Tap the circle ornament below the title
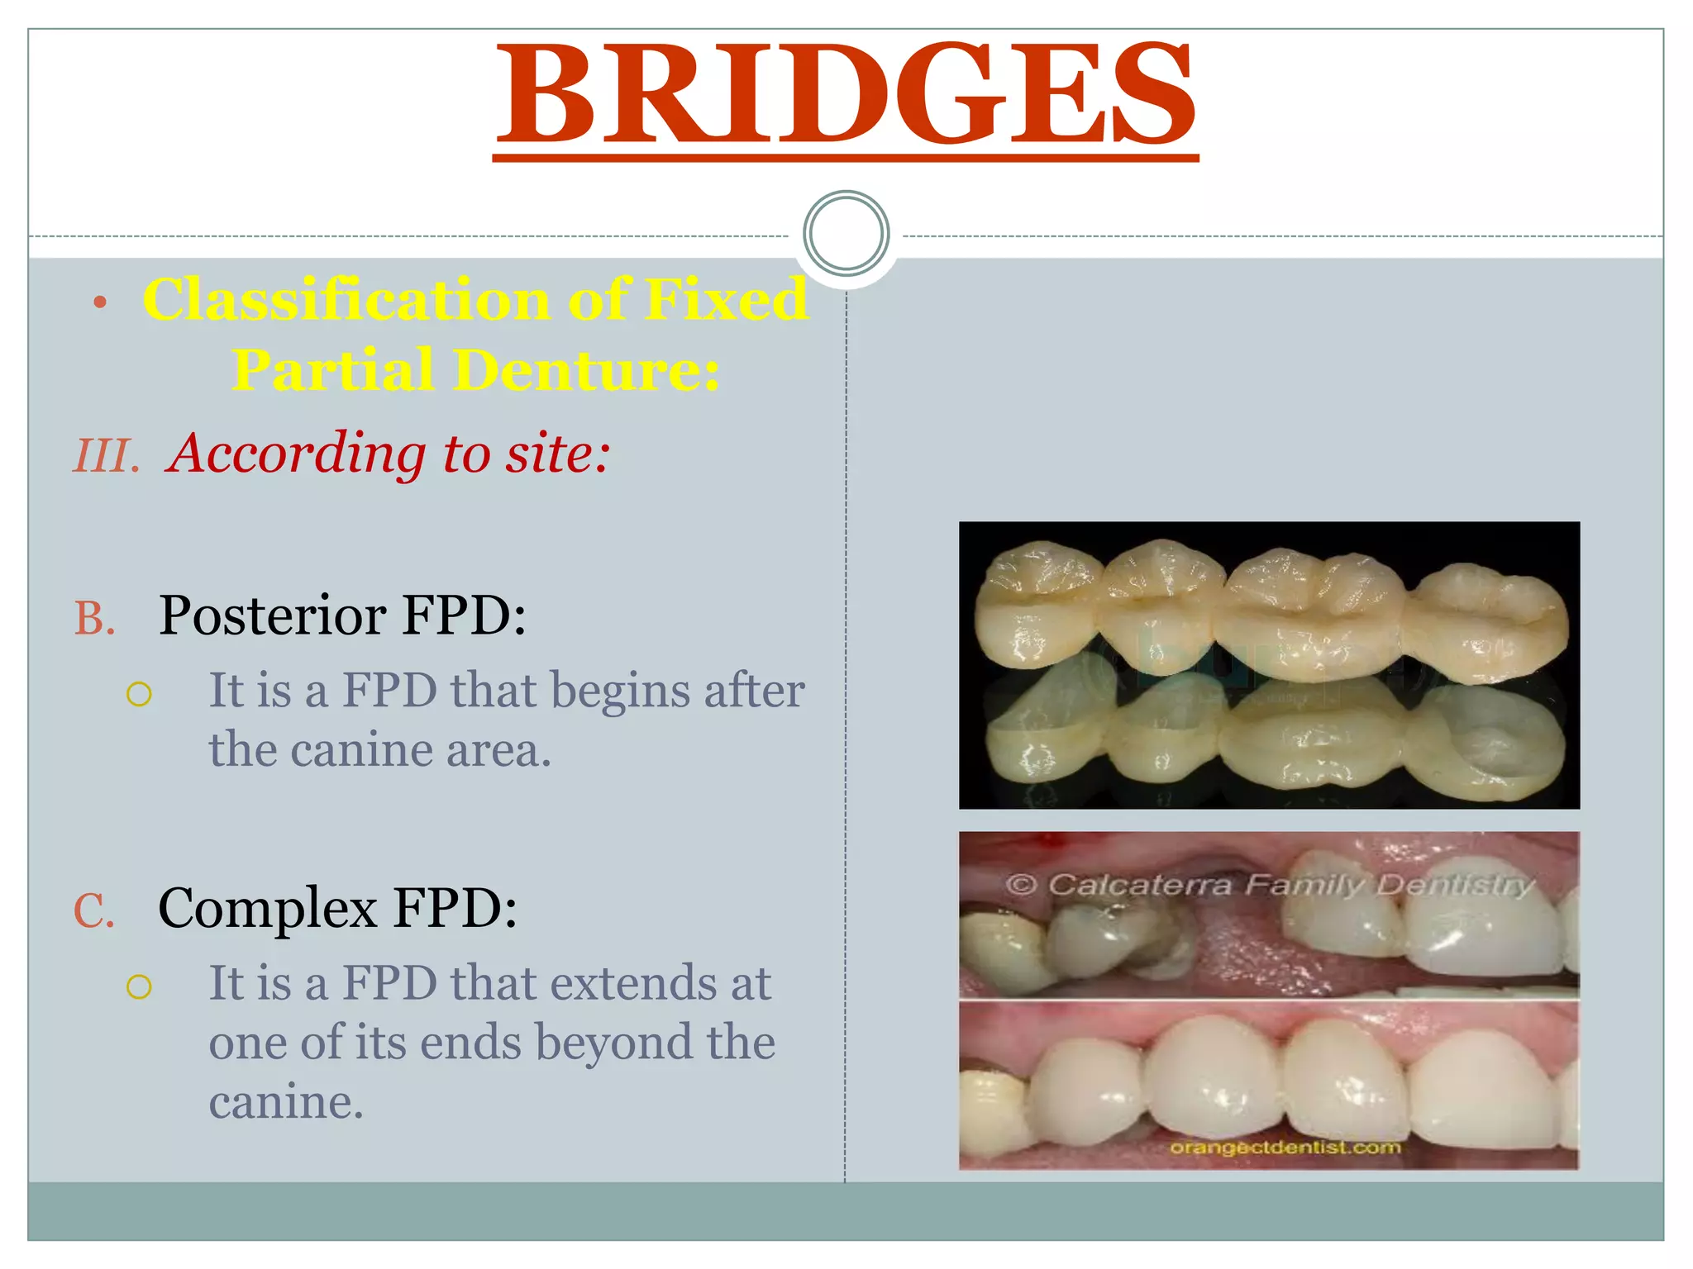point(846,233)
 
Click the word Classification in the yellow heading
point(346,299)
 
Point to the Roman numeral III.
point(107,456)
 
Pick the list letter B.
point(94,618)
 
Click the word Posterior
point(273,615)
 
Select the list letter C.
point(93,911)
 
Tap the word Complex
point(267,909)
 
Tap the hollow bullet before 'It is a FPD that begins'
point(140,694)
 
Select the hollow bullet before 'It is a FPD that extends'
point(140,986)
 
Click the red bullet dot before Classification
point(100,303)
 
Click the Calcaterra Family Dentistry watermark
point(1269,885)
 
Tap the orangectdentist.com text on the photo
point(1285,1148)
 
